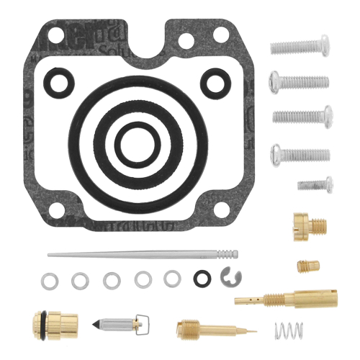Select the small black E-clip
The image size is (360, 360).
pyautogui.click(x=230, y=276)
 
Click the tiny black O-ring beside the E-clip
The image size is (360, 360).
pyautogui.click(x=202, y=277)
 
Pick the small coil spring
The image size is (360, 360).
pyautogui.click(x=289, y=331)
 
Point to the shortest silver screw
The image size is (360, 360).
pyautogui.click(x=315, y=184)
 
